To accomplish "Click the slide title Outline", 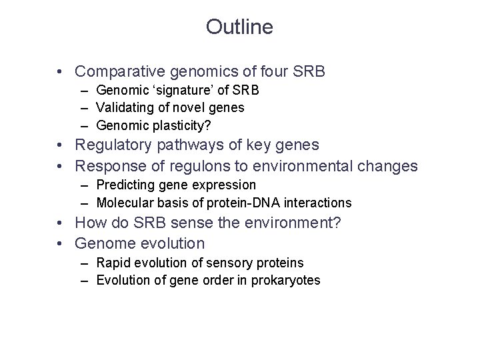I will click(239, 27).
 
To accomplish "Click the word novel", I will click(187, 107).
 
